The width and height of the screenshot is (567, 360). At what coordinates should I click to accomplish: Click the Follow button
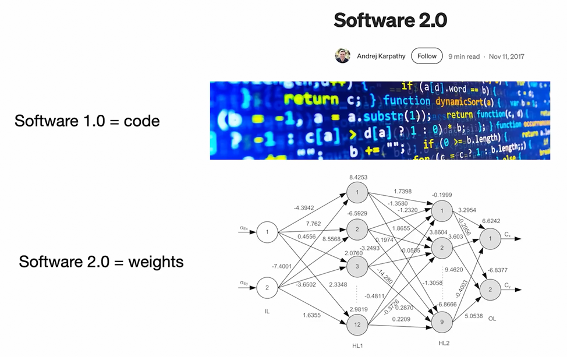[427, 56]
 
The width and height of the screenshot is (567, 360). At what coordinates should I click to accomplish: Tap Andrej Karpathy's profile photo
[342, 56]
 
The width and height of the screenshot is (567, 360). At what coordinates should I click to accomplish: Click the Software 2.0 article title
[390, 20]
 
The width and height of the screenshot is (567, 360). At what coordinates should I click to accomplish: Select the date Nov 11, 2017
[508, 57]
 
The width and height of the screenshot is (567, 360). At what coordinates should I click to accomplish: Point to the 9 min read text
[464, 57]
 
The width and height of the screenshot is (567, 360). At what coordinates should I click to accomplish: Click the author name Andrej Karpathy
[381, 57]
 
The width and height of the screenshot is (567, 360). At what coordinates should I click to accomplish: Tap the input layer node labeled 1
[267, 231]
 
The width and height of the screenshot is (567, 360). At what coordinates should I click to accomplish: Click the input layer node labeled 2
[267, 288]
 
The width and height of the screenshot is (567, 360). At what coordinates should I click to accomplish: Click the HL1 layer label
[357, 347]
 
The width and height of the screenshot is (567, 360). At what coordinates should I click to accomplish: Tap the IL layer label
[267, 311]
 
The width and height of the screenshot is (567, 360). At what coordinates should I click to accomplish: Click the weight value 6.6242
[491, 221]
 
